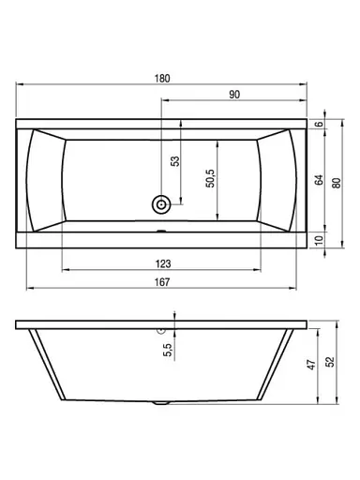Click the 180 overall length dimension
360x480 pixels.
[162, 78]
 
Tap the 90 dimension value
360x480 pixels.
[234, 94]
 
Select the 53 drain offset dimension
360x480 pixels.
[175, 161]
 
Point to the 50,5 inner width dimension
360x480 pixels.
[210, 178]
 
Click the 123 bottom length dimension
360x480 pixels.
[163, 264]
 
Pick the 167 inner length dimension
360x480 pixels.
[162, 282]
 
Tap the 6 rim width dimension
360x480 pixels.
[319, 124]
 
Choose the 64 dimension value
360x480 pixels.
[319, 180]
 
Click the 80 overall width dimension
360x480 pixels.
[337, 183]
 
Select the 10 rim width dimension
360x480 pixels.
[319, 240]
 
